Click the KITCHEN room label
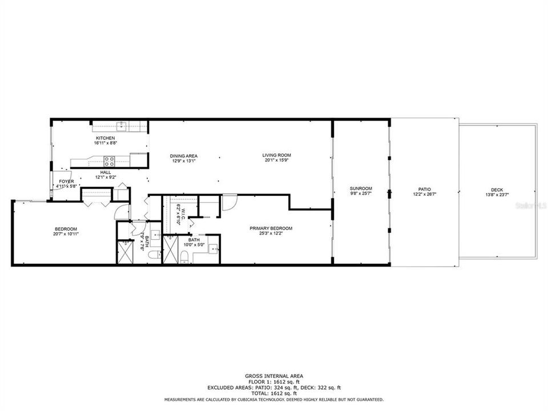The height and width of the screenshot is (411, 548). (x=106, y=139)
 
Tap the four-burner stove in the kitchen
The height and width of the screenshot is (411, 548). (x=108, y=160)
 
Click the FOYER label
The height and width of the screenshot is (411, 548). (x=66, y=182)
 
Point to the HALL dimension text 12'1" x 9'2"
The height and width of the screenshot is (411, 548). (x=106, y=177)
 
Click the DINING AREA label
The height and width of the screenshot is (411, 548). (x=183, y=155)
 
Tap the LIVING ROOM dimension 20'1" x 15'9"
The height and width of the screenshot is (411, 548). (x=277, y=160)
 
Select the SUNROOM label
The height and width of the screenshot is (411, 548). (x=361, y=188)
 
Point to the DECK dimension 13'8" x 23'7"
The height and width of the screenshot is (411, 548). (x=497, y=195)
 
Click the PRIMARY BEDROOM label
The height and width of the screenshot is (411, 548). (x=271, y=228)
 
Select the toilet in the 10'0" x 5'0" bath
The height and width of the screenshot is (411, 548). (x=184, y=259)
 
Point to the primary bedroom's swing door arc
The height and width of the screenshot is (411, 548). (x=229, y=203)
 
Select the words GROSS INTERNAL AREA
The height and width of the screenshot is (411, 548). (x=274, y=376)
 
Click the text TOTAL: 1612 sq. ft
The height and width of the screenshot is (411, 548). (x=274, y=394)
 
